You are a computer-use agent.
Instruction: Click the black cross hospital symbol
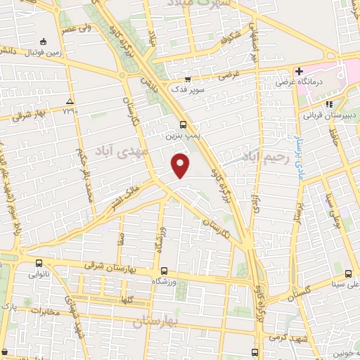pyautogui.click(x=299, y=71)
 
